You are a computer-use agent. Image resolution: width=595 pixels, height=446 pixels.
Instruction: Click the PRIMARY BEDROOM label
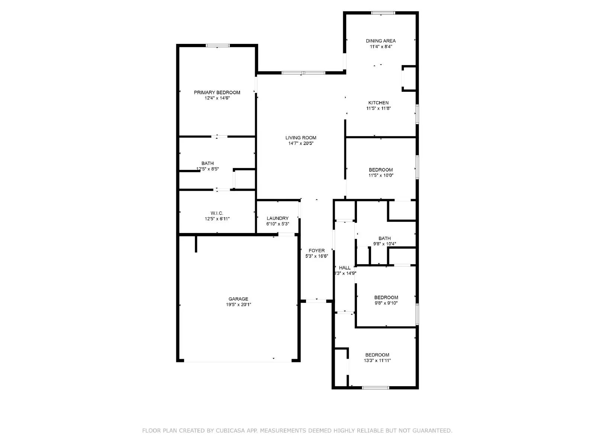(x=217, y=93)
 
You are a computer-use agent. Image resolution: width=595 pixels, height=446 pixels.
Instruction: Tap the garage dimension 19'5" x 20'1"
(x=238, y=304)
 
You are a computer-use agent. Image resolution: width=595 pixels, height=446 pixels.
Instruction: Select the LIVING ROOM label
(x=301, y=138)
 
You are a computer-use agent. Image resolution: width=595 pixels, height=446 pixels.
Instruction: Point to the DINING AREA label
(x=381, y=41)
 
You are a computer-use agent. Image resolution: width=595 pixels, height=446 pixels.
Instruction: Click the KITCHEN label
(x=378, y=103)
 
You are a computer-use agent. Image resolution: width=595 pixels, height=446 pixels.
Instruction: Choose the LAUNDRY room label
(x=277, y=218)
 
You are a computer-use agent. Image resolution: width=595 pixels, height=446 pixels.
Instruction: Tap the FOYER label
(x=316, y=251)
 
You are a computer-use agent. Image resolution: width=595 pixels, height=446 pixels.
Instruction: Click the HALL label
(x=345, y=268)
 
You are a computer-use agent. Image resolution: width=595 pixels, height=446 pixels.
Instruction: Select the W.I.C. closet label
(x=217, y=213)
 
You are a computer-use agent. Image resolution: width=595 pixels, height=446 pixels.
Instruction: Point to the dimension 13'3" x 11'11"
(x=377, y=361)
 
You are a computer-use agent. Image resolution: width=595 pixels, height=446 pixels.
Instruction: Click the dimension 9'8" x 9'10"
(x=386, y=303)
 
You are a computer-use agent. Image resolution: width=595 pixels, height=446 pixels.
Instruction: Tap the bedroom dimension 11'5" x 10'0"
(x=381, y=175)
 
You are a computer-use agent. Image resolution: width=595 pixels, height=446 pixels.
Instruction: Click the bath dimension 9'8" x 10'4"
(x=385, y=244)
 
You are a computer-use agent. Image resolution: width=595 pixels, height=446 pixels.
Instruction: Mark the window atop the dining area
(x=383, y=13)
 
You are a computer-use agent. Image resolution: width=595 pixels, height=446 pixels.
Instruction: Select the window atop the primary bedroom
(x=218, y=46)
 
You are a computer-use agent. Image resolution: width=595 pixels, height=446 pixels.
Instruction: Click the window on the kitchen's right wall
(x=417, y=114)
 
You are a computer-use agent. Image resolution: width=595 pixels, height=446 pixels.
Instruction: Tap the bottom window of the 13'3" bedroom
(x=375, y=388)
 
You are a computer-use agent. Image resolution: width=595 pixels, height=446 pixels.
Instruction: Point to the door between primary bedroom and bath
(x=219, y=137)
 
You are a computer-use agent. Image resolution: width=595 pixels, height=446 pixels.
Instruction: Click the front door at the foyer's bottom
(x=316, y=301)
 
